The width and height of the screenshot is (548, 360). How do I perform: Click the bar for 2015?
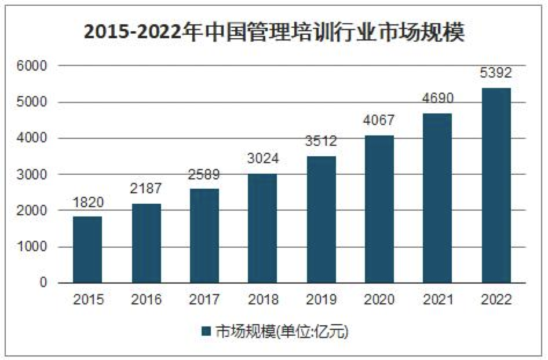pos(87,249)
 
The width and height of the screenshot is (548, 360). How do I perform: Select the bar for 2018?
pos(262,228)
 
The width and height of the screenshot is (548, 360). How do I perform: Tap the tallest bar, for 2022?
pos(496,185)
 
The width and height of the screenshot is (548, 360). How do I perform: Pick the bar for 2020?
pos(379,209)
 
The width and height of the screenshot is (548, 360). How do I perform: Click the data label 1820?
pos(87,203)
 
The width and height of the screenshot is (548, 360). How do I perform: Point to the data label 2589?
pos(204,175)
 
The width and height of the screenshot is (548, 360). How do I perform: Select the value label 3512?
pos(321,142)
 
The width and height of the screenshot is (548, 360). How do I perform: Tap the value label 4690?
pos(437,99)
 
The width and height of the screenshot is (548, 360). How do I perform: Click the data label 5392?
pos(496,74)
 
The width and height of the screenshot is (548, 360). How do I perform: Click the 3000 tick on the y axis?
pos(35,175)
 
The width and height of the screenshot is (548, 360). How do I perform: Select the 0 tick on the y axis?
pos(43,283)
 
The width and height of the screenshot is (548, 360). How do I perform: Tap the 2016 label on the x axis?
pos(146,300)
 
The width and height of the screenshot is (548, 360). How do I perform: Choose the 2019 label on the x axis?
pos(321,300)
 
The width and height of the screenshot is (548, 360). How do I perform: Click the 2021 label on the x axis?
pos(437,300)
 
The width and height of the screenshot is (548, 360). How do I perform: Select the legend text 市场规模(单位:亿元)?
pos(282,332)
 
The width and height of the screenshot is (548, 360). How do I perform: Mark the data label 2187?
pos(146,189)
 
